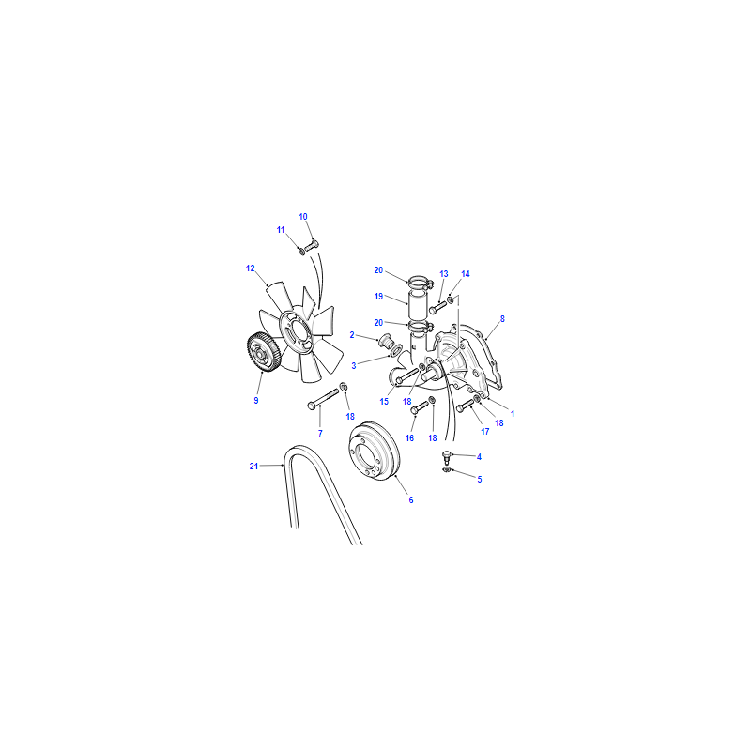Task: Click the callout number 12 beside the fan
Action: click(x=250, y=268)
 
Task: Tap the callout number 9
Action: click(x=256, y=401)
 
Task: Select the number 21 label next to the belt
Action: click(x=253, y=466)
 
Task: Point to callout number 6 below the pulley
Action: click(x=411, y=500)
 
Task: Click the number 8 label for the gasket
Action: click(x=502, y=318)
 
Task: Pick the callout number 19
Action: click(x=378, y=297)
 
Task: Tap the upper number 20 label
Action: click(x=378, y=270)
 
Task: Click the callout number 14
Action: click(x=466, y=274)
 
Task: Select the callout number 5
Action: click(x=480, y=479)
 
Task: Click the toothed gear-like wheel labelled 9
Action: click(x=263, y=352)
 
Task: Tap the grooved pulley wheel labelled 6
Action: click(x=373, y=451)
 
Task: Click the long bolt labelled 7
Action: click(x=323, y=399)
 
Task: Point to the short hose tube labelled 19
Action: click(x=415, y=304)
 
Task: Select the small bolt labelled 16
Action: click(x=419, y=407)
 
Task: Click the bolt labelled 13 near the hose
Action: click(x=437, y=308)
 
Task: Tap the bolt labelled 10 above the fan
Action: click(x=312, y=246)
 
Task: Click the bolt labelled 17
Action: click(x=465, y=406)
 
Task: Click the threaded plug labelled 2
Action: click(x=385, y=342)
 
